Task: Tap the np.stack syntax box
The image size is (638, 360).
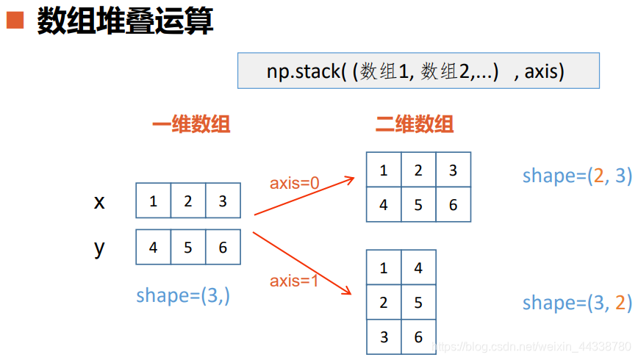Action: coord(418,71)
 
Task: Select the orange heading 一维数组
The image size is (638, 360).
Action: coord(191,124)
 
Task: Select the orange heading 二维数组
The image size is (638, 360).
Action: coord(415,124)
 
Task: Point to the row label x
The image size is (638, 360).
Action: coord(99,201)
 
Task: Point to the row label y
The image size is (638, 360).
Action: coord(99,248)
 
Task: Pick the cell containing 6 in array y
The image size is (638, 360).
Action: coord(223,248)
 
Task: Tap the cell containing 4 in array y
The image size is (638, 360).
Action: coord(153,248)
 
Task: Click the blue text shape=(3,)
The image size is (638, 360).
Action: coord(183,295)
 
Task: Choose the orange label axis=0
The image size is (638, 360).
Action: coord(294,183)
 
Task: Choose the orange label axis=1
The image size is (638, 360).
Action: coord(294,281)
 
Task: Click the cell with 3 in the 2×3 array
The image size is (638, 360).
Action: coord(453,170)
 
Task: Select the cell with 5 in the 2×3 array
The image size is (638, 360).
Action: coord(418,205)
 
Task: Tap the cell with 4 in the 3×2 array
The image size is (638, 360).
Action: coord(418,268)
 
